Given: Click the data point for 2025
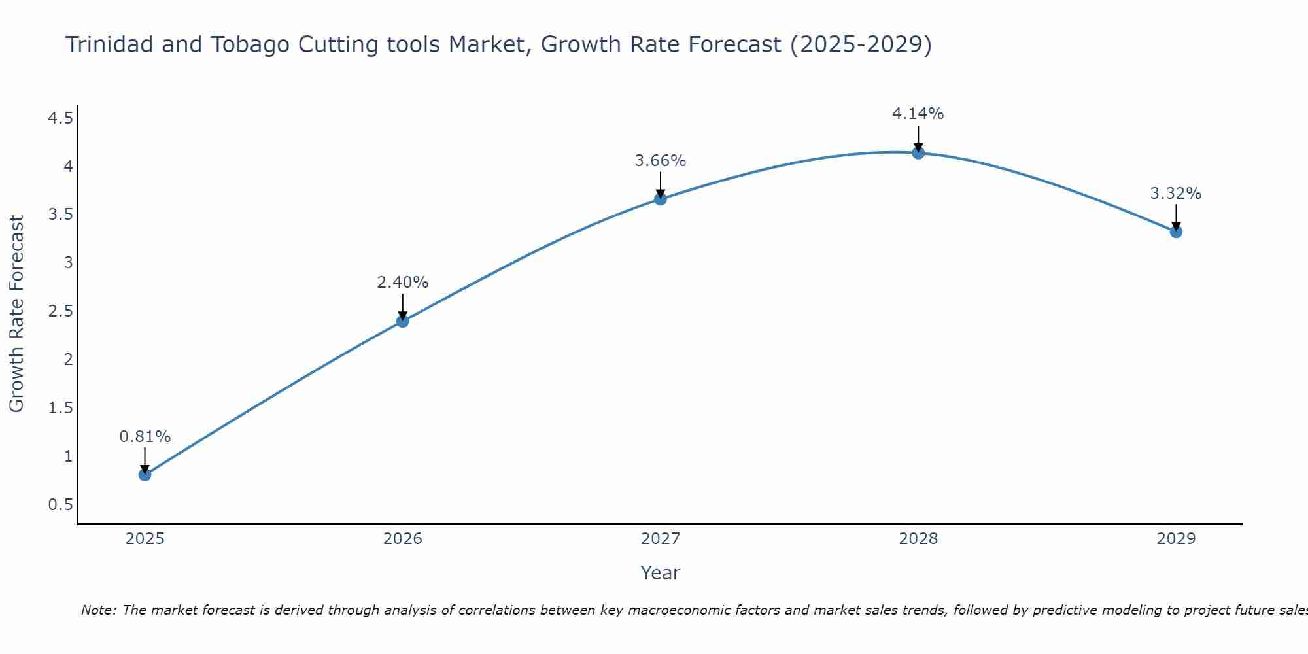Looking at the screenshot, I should tap(145, 474).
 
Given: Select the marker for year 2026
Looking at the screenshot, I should tap(403, 320).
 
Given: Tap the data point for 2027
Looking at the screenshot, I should tap(661, 199).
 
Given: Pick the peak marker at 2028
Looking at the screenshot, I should tap(918, 152).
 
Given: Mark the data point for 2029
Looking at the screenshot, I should tap(1176, 232).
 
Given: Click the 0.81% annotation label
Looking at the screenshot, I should tap(145, 437).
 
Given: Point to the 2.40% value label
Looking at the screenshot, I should tap(403, 283).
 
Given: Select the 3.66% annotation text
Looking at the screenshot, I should tap(661, 161).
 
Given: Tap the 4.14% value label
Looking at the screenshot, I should tap(918, 114).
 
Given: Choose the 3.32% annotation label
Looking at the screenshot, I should tap(1176, 194).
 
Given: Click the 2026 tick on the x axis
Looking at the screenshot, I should tap(403, 539).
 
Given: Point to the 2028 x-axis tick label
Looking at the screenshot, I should tap(918, 539).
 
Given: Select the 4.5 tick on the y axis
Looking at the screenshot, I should tap(60, 118).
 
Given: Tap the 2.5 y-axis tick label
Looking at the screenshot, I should tap(60, 311).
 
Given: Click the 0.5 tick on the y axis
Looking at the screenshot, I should tap(60, 505).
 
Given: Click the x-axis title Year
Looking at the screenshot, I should tap(661, 573).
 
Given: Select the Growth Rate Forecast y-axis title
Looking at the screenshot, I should tap(16, 314).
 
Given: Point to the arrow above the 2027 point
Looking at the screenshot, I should tap(661, 184).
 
